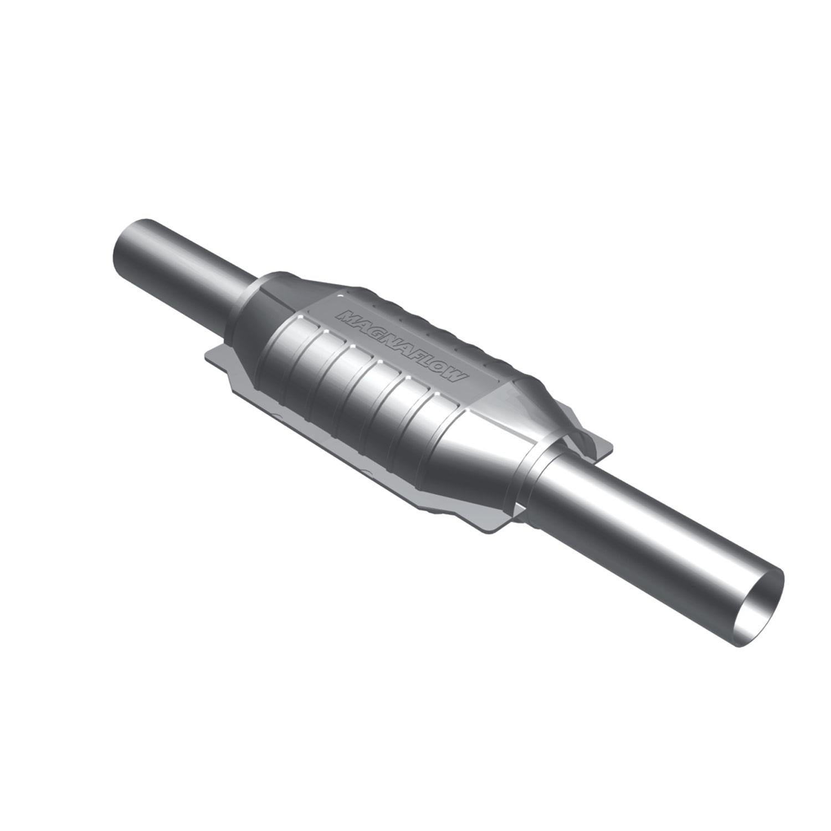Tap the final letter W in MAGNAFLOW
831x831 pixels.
(x=455, y=380)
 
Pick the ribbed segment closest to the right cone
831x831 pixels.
(x=443, y=429)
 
